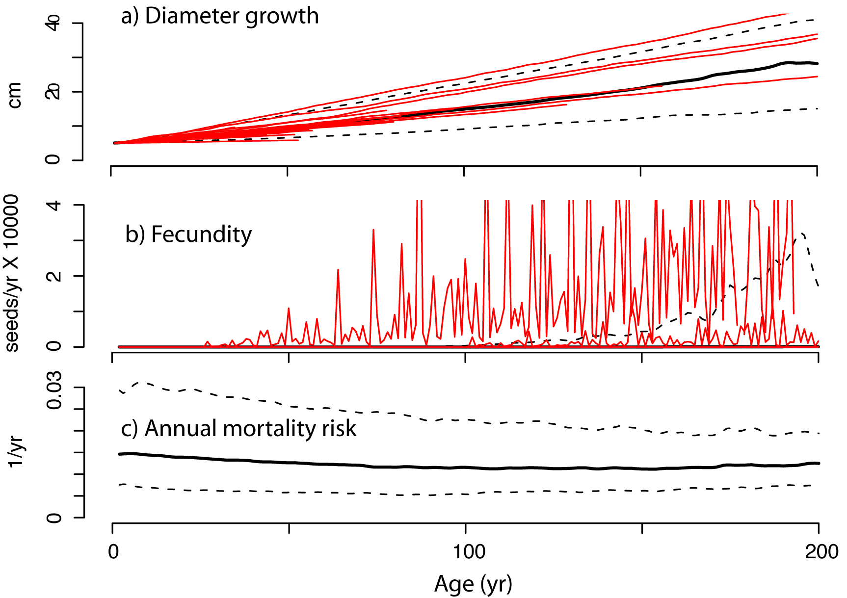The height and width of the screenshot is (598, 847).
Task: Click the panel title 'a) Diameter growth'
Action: pyautogui.click(x=220, y=16)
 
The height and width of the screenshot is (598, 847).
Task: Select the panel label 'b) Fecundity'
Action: pyautogui.click(x=188, y=234)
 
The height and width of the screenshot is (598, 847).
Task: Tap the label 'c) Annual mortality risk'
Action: pyautogui.click(x=238, y=428)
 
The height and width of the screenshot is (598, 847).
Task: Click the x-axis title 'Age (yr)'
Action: pyautogui.click(x=473, y=584)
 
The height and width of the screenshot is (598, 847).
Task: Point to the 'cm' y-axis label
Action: pyautogui.click(x=15, y=95)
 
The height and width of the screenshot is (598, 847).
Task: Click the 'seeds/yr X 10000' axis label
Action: pyautogui.click(x=12, y=273)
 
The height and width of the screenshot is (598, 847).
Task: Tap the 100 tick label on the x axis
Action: pyautogui.click(x=469, y=552)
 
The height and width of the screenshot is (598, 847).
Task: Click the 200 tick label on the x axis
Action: pyautogui.click(x=821, y=552)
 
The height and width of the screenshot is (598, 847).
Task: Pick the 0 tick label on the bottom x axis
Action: pyautogui.click(x=113, y=552)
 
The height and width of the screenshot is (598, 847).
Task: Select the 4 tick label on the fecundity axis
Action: pyautogui.click(x=54, y=205)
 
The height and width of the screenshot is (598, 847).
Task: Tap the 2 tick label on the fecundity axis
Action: pyautogui.click(x=54, y=276)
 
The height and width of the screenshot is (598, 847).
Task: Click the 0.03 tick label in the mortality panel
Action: pyautogui.click(x=54, y=390)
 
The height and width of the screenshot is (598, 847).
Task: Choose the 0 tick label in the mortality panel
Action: pyautogui.click(x=54, y=518)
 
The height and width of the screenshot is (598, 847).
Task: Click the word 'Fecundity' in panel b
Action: pyautogui.click(x=201, y=234)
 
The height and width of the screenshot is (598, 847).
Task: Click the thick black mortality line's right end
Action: pyautogui.click(x=818, y=463)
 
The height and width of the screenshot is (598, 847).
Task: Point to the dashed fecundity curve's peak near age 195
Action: pyautogui.click(x=801, y=234)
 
